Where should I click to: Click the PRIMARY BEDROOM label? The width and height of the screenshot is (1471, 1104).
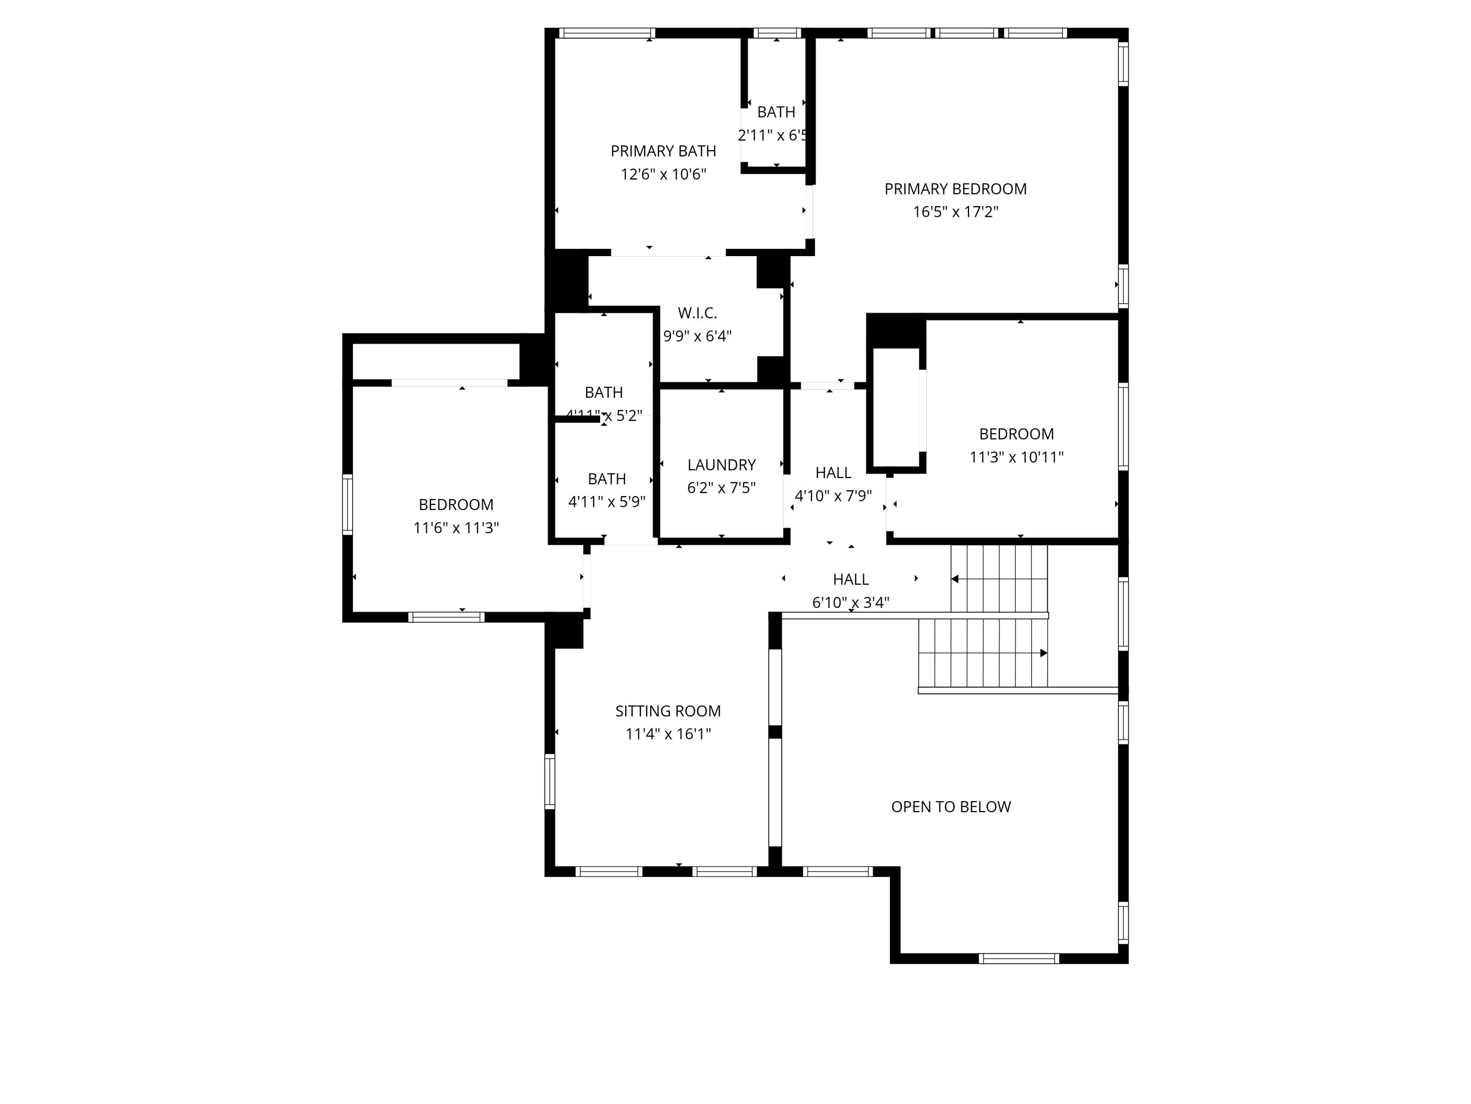pyautogui.click(x=955, y=189)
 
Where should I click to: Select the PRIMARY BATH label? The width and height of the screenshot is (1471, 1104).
pyautogui.click(x=663, y=151)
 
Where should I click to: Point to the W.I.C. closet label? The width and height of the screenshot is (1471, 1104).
pyautogui.click(x=697, y=313)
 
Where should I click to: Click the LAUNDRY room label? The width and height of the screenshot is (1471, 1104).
pyautogui.click(x=721, y=465)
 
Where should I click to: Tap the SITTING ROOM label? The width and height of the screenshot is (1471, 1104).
pyautogui.click(x=668, y=710)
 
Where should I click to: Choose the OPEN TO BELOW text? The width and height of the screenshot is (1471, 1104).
pyautogui.click(x=950, y=807)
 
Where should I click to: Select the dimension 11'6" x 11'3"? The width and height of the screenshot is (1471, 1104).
pyautogui.click(x=456, y=527)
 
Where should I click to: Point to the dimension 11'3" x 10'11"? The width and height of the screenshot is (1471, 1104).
pyautogui.click(x=1016, y=457)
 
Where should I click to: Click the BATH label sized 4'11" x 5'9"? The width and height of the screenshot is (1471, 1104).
pyautogui.click(x=607, y=478)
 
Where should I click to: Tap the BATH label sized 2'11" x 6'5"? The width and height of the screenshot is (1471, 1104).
pyautogui.click(x=775, y=112)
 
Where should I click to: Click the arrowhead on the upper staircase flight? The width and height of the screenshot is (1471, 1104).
pyautogui.click(x=955, y=579)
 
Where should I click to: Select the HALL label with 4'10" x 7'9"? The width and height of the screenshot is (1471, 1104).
pyautogui.click(x=833, y=473)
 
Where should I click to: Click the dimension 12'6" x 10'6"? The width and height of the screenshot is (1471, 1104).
pyautogui.click(x=663, y=174)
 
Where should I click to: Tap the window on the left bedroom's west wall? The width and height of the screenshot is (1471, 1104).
pyautogui.click(x=347, y=504)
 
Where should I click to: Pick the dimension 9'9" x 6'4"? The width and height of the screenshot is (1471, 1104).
pyautogui.click(x=697, y=336)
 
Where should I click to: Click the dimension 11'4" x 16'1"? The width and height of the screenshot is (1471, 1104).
pyautogui.click(x=668, y=734)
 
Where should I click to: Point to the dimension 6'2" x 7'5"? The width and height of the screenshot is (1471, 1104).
pyautogui.click(x=721, y=488)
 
